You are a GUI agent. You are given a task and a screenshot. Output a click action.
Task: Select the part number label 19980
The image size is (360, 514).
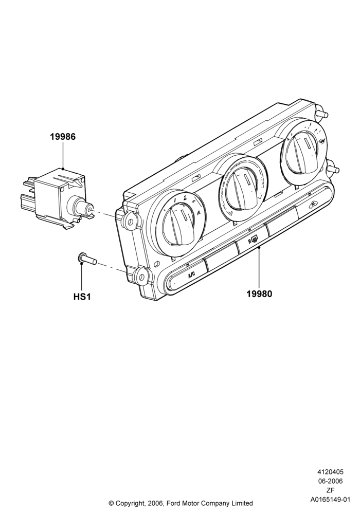click(x=259, y=293)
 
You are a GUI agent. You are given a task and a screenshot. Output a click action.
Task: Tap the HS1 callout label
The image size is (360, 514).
click(x=82, y=297)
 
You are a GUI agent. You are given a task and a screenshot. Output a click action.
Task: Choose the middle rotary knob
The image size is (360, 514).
click(x=241, y=191)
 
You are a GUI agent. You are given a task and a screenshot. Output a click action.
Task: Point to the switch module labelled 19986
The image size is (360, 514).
click(x=56, y=197)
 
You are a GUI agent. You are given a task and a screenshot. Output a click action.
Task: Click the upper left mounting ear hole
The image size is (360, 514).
click(x=130, y=222)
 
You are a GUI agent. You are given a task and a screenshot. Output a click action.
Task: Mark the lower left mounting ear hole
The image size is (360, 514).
click(x=141, y=278)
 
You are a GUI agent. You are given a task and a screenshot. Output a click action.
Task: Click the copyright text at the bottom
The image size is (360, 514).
click(x=181, y=503)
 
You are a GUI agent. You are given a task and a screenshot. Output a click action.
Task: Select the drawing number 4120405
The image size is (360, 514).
click(x=330, y=472)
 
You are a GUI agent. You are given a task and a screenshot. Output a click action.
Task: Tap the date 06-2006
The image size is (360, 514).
click(x=330, y=481)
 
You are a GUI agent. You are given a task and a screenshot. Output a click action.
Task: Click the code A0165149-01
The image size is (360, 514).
click(x=330, y=500)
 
